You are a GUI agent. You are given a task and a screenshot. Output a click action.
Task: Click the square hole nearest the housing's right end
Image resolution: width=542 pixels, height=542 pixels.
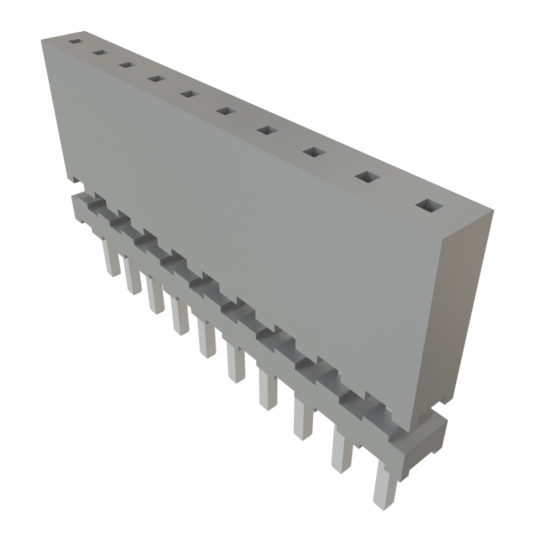[x=429, y=205]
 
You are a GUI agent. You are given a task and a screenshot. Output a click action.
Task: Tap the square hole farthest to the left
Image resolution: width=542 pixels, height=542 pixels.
[x=76, y=41]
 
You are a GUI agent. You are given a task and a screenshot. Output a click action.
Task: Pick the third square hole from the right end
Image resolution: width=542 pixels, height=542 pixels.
[x=314, y=152]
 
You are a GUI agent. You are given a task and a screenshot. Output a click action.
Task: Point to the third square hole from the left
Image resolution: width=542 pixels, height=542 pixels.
[x=126, y=65]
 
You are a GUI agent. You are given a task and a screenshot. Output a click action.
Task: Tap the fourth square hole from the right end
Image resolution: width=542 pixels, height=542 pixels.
[x=268, y=130]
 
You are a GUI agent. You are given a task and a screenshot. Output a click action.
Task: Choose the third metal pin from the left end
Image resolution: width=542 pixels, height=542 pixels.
[x=154, y=295]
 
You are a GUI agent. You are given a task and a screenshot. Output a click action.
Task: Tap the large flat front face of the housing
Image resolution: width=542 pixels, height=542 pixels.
[x=238, y=212]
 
